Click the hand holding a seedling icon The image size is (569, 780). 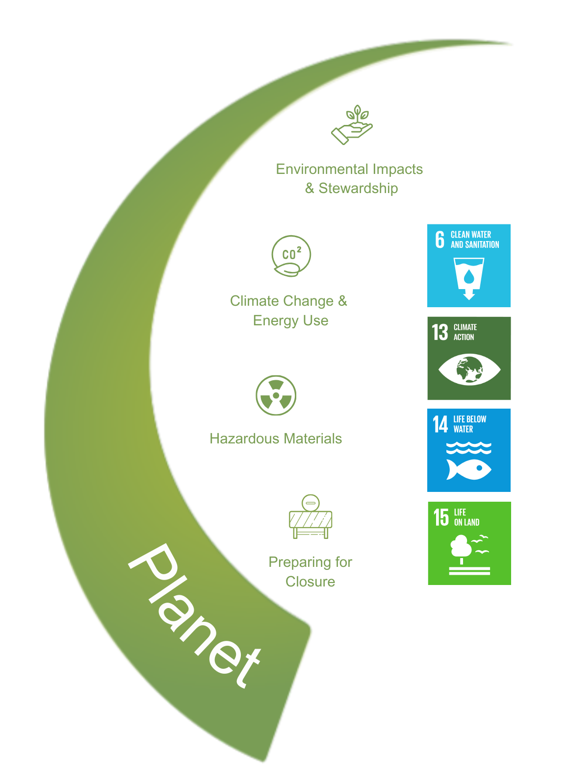click(351, 124)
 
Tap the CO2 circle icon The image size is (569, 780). click(291, 256)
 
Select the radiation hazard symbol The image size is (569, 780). click(276, 395)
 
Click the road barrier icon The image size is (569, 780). click(310, 516)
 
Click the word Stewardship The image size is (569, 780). click(358, 188)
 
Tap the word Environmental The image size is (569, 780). click(322, 169)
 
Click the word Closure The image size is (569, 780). click(310, 582)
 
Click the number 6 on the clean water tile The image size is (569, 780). click(440, 240)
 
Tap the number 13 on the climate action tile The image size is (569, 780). click(440, 332)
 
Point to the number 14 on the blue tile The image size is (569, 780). click(440, 424)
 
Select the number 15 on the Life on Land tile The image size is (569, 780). click(441, 517)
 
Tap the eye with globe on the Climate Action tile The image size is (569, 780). click(469, 369)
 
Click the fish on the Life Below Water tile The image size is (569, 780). click(468, 469)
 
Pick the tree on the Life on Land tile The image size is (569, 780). click(461, 549)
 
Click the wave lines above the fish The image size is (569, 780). click(468, 448)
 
